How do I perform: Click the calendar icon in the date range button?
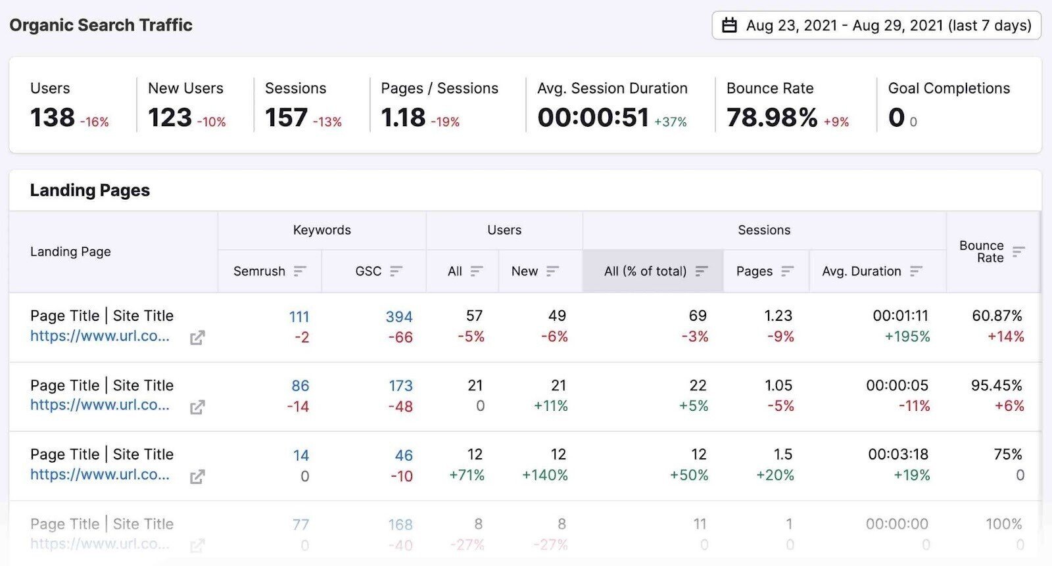729,26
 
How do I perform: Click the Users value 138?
53,118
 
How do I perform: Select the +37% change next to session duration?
671,122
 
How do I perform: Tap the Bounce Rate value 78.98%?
772,118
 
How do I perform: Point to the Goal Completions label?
949,88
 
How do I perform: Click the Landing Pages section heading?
90,190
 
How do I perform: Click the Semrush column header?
259,271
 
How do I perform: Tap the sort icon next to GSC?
396,271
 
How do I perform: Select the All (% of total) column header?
645,271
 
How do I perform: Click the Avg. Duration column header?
861,271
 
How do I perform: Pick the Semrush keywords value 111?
299,316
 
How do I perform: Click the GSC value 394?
399,316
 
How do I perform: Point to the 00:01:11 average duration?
900,316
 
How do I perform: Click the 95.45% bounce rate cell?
997,385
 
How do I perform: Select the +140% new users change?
545,475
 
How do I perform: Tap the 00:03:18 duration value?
897,454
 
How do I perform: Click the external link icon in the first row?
197,338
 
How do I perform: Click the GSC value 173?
400,385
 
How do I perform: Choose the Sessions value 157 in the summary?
286,118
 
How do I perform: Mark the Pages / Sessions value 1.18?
403,118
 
